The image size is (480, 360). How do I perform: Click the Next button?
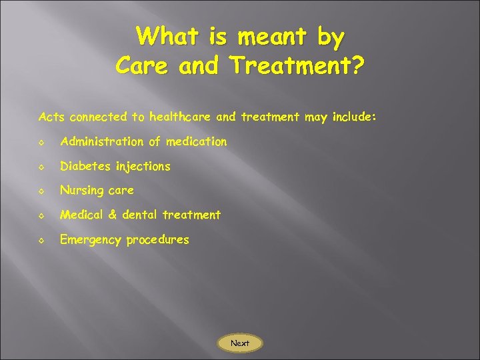240,343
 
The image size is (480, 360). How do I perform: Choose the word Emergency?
89,239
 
